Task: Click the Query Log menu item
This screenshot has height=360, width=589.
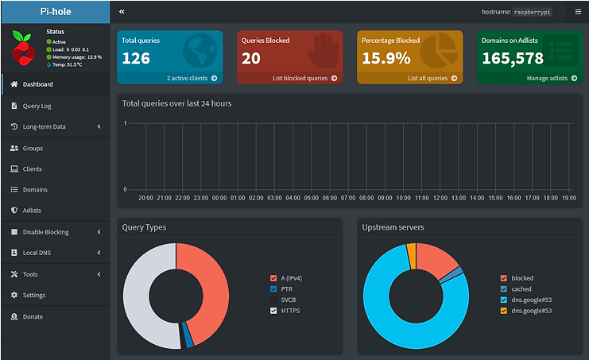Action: (x=37, y=106)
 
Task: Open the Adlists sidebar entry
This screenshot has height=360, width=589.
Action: (x=32, y=211)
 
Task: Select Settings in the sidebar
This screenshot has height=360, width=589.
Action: (x=34, y=295)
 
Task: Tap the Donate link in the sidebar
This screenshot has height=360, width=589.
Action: (x=33, y=316)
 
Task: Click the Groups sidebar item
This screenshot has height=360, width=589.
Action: (x=33, y=148)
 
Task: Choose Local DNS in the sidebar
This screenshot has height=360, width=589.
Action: (x=37, y=253)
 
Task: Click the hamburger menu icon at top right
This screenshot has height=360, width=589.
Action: (x=578, y=12)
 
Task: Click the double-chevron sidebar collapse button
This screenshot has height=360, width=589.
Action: (x=122, y=12)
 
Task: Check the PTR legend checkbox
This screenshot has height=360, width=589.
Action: (x=274, y=288)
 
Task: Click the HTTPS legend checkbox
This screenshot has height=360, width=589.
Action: (x=274, y=311)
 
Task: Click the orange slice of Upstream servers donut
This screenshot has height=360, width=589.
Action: (x=411, y=256)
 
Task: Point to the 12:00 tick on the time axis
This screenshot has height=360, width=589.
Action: (x=422, y=198)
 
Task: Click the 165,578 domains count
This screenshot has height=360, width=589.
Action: (x=513, y=58)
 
